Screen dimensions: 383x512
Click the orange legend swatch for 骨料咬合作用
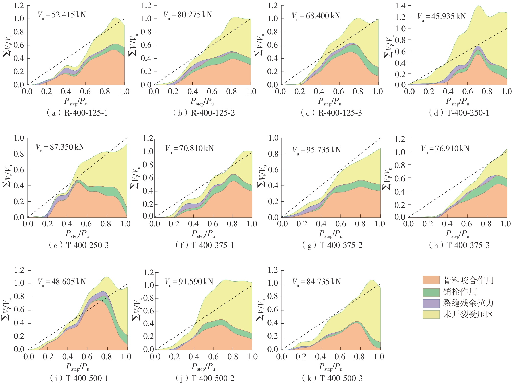[431, 280]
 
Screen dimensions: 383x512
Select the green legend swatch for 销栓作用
[431, 291]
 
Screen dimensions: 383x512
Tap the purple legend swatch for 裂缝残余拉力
[431, 303]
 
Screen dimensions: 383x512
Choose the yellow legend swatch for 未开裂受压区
[431, 314]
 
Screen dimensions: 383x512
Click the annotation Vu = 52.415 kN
[62, 15]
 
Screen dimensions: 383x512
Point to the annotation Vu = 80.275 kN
[188, 15]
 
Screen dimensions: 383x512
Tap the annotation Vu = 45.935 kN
[441, 16]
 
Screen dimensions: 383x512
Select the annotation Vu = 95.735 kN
[316, 150]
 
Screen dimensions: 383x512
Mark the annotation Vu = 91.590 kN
[189, 282]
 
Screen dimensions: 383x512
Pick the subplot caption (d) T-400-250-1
[459, 113]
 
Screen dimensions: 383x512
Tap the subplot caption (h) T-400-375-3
[459, 245]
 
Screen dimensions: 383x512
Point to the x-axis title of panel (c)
[330, 101]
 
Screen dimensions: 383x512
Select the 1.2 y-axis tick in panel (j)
[149, 272]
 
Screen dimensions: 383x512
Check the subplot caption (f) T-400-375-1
[205, 245]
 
